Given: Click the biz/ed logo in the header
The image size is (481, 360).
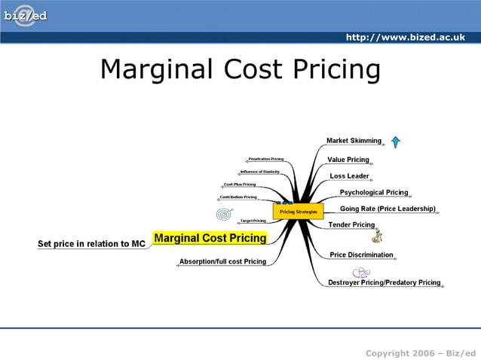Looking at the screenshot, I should coord(26,16).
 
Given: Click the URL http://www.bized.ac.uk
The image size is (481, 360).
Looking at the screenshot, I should coord(405,37).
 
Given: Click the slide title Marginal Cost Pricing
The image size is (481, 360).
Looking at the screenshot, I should coord(240,69).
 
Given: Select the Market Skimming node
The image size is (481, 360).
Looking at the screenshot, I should coord(354,141).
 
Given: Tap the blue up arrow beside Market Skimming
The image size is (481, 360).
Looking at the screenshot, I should coord(395,141).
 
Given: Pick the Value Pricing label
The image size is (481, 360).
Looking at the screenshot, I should coord(348,160).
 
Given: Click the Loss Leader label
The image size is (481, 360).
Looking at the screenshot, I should coord(349,176).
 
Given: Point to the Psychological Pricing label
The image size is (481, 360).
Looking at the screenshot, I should coord(373,193).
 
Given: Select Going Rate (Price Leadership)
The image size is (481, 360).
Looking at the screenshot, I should coord(388,209).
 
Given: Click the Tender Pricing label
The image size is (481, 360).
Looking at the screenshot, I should coord(351,224).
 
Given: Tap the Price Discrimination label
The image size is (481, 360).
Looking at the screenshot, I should coord(361,255).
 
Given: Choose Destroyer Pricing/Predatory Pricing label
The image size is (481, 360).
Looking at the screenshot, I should coord(384,282).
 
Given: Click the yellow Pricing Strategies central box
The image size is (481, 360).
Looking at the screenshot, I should coord(298,212).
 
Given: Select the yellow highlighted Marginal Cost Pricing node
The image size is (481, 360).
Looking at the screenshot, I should coord(210,238).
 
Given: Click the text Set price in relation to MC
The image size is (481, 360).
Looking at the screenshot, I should coord(91,244).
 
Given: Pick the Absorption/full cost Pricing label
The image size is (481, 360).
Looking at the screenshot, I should coord(222,261).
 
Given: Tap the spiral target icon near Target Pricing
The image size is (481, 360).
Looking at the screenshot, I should coord(224,215).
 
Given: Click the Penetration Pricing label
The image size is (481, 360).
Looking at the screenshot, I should coord(265,160).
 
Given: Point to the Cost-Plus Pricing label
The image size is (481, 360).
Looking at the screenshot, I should coord(239,184).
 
